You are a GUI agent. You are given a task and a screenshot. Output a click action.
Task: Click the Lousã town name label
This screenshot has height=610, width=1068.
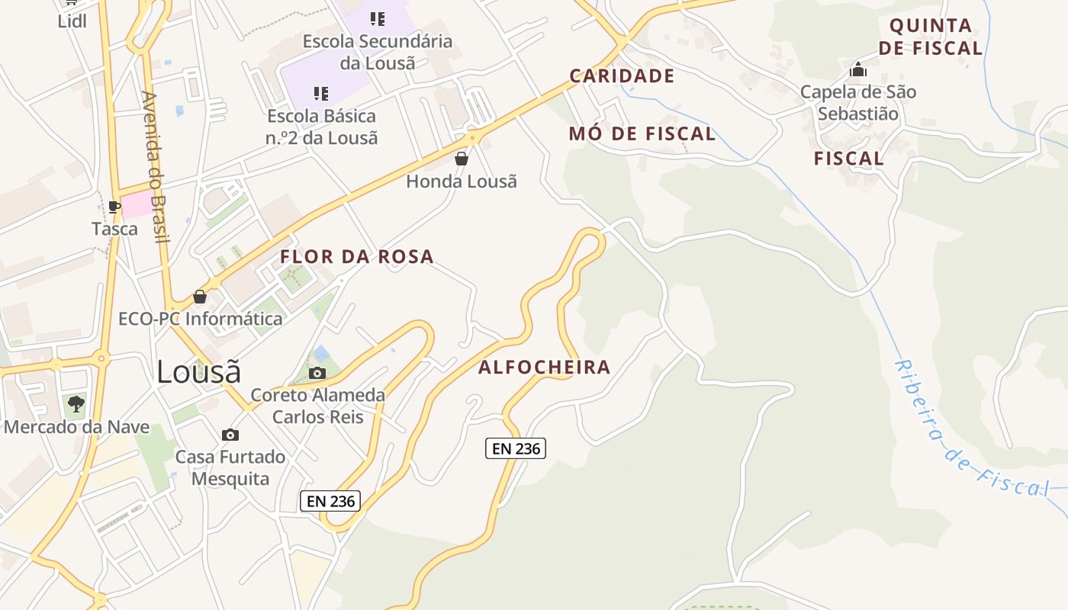pos(198,372)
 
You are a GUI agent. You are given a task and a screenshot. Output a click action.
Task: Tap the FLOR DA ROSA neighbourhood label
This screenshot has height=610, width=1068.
pos(357,257)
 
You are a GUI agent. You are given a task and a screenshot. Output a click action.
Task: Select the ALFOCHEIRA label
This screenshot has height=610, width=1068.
pos(545,368)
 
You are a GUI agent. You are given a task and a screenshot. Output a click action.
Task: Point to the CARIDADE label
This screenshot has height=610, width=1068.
pos(622,76)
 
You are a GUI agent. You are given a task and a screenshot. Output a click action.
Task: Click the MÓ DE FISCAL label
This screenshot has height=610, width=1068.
pos(642,134)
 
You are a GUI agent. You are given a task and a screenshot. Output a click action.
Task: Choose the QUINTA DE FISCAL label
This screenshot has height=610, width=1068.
pos(931,37)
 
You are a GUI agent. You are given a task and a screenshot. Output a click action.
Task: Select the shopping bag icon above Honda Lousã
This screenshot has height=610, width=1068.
pos(462,159)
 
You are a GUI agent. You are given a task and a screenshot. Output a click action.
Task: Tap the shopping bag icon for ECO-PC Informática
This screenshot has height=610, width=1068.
pos(200,296)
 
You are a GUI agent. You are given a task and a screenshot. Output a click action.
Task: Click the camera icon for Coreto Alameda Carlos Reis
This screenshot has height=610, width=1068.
pos(317,373)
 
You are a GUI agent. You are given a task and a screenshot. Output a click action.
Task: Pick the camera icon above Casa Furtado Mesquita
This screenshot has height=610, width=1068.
pos(230,435)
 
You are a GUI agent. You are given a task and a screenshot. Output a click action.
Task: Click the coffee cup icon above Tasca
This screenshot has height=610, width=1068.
pos(114,207)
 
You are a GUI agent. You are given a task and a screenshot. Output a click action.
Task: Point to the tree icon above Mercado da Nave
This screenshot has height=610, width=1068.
pos(76,404)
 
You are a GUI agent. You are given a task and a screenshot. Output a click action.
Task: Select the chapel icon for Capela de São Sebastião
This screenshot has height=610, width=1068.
pos(858,70)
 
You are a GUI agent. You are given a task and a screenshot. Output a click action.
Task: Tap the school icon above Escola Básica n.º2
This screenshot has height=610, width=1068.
pos(321,94)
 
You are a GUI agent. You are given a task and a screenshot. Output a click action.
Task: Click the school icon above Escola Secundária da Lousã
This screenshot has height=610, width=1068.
pos(377,18)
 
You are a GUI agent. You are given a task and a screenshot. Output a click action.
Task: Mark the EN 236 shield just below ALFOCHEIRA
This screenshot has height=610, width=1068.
pos(516,448)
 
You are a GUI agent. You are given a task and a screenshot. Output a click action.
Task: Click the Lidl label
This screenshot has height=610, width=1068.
pos(72,21)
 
